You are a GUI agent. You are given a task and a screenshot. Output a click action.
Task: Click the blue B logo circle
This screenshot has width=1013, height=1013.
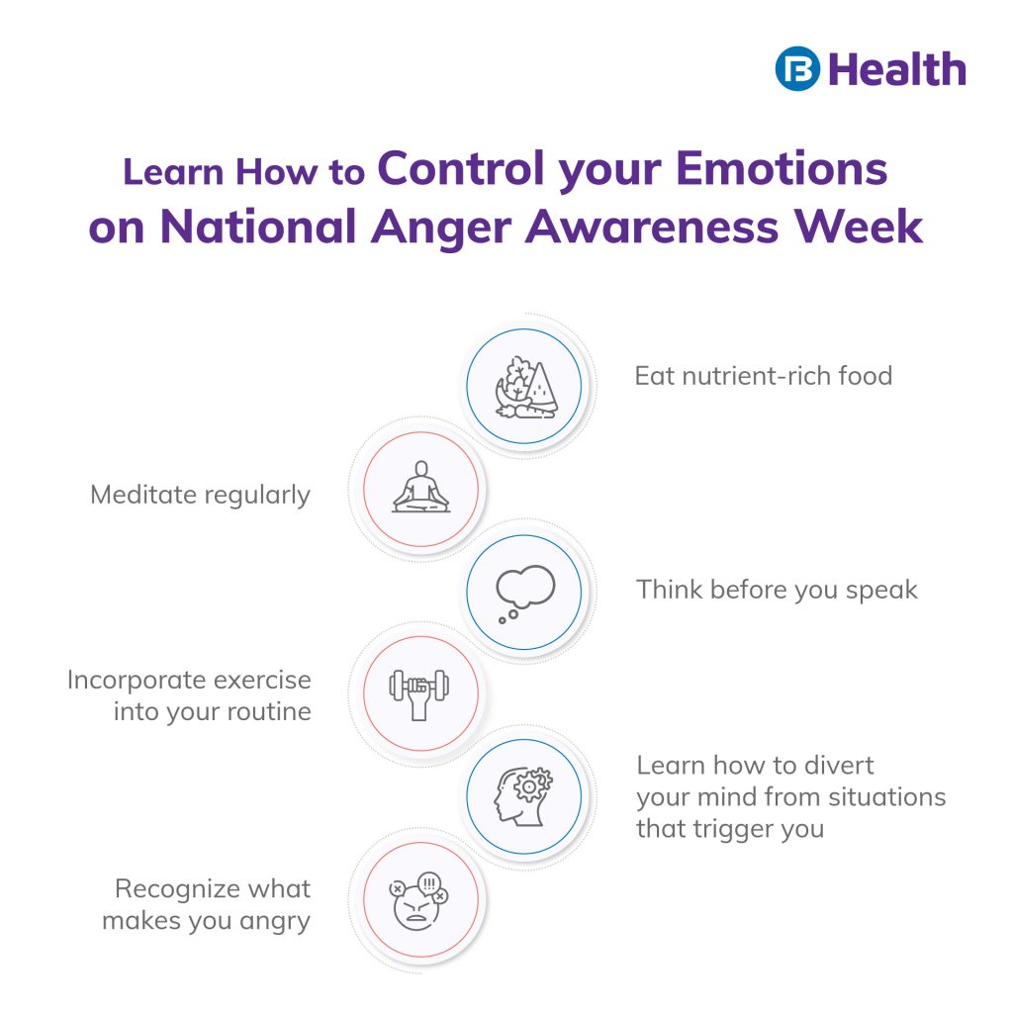[x=798, y=69]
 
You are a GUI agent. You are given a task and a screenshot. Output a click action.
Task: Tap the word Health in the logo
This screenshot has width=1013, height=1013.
[x=896, y=69]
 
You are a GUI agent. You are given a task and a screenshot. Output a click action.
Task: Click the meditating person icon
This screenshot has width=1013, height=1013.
[x=420, y=488]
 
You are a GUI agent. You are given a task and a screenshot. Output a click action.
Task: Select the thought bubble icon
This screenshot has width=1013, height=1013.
[x=523, y=592]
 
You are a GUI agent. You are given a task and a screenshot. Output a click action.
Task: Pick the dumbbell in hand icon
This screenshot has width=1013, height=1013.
[x=419, y=693]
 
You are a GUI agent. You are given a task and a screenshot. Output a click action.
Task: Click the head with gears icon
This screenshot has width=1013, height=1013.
[x=523, y=797]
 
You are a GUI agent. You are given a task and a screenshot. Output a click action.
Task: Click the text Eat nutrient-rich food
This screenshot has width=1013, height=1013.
[x=763, y=376]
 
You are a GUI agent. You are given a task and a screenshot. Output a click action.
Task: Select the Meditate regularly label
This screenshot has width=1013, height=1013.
[x=200, y=495]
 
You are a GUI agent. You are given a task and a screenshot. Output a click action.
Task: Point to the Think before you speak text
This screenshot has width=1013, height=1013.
[x=777, y=591]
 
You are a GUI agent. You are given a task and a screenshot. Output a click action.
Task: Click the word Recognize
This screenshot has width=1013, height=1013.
[x=181, y=888]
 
